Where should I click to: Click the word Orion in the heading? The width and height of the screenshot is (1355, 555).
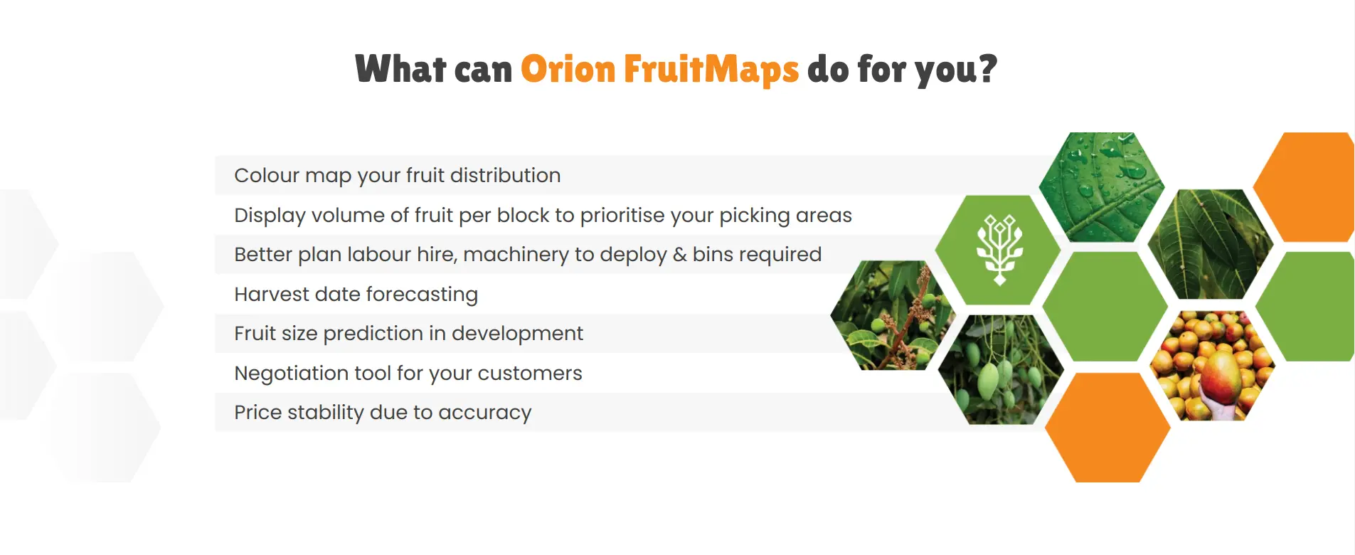click(568, 70)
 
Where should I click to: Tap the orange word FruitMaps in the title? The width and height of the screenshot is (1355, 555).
click(711, 70)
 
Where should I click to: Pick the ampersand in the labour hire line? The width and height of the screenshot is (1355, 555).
click(679, 255)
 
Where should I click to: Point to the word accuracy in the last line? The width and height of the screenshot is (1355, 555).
click(484, 413)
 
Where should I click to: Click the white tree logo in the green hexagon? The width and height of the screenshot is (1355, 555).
click(999, 249)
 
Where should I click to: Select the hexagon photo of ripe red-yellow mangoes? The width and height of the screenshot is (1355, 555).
click(1212, 366)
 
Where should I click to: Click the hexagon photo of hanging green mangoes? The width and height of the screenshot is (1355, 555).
click(1000, 370)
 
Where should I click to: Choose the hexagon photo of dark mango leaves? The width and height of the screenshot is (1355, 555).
click(1210, 243)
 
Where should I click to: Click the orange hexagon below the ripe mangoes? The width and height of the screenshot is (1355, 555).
click(1107, 428)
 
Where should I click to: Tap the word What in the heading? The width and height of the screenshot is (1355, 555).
click(400, 70)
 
